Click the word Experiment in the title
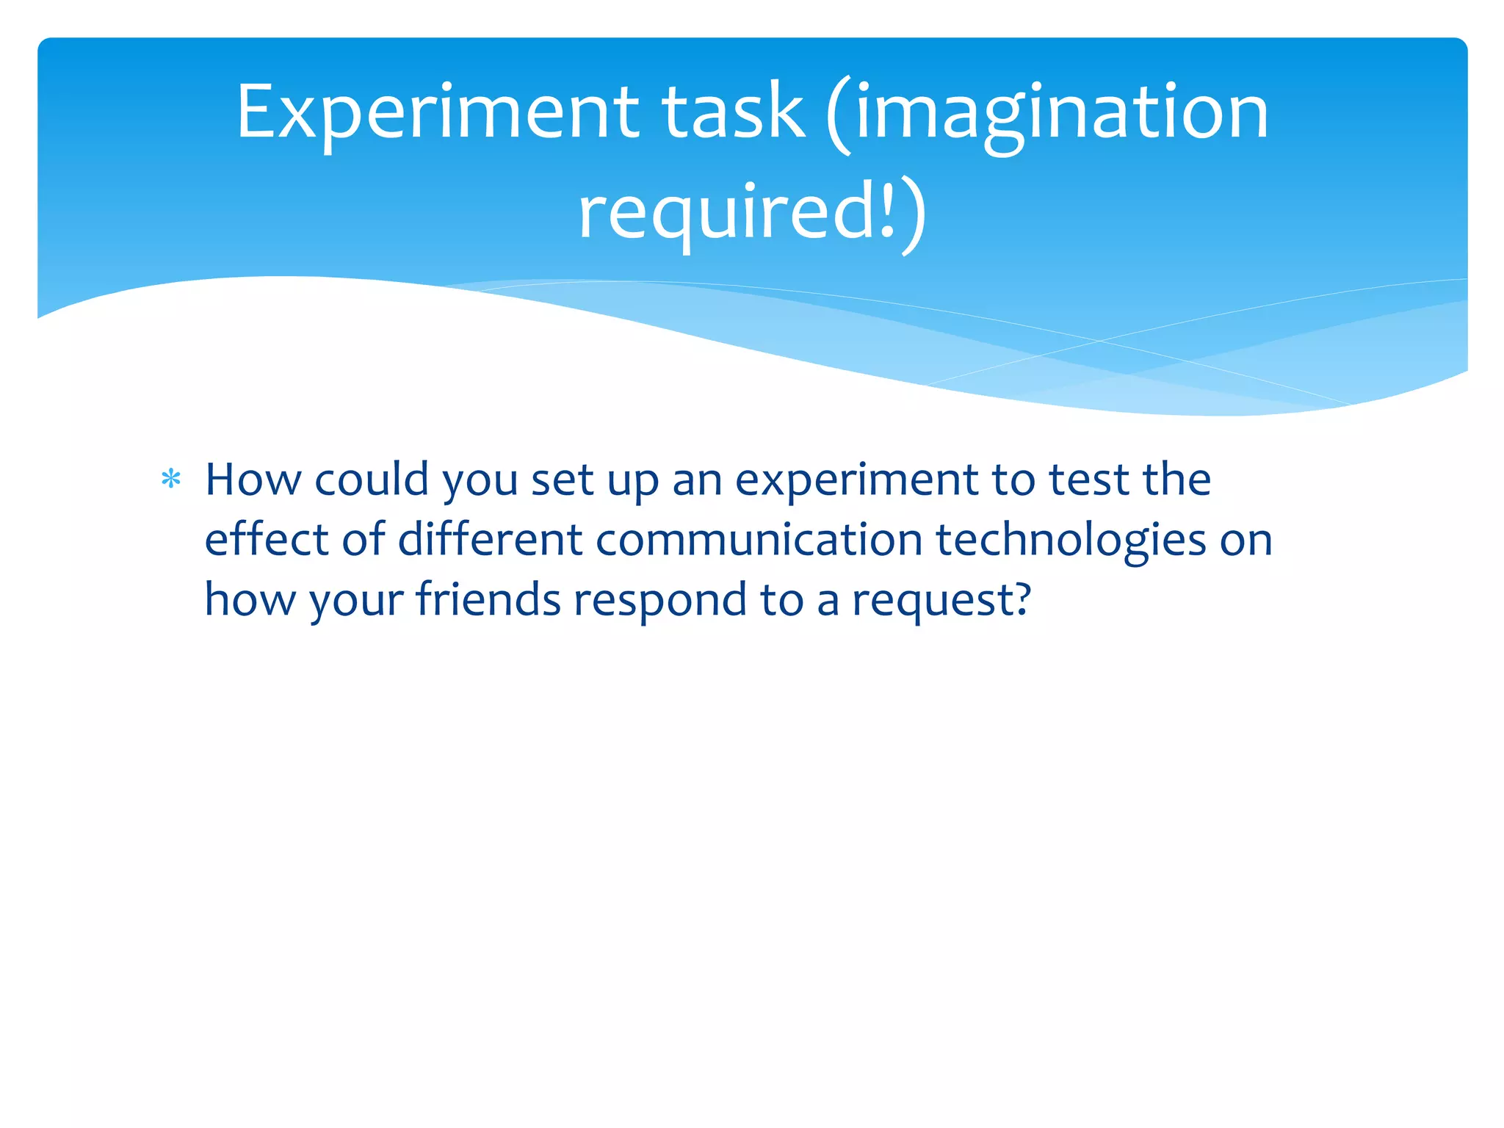[438, 112]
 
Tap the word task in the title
[733, 112]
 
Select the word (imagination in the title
[1047, 114]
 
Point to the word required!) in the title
[752, 213]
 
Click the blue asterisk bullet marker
[171, 480]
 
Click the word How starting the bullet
[253, 480]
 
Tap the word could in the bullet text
[372, 480]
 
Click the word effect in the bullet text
[266, 540]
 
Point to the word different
[490, 540]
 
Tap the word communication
[759, 540]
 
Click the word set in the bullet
[562, 480]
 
